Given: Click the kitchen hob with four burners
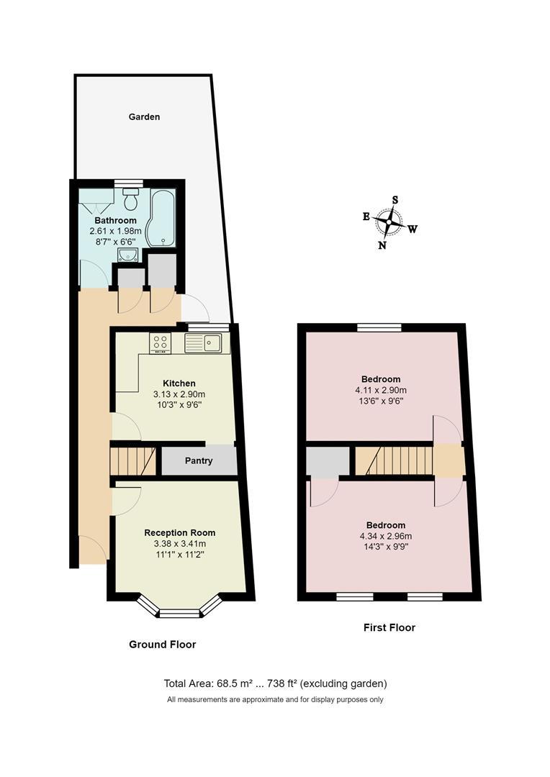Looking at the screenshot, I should (x=160, y=344).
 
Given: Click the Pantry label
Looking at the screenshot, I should (x=199, y=461).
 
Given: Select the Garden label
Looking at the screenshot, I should (x=144, y=117).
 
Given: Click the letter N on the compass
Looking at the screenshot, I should (x=382, y=245).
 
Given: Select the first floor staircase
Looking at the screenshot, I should (x=394, y=460).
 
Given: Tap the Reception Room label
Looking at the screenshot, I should (x=179, y=533).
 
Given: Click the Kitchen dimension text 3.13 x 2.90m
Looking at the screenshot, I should (x=179, y=394).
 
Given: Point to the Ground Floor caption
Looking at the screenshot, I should (x=162, y=645).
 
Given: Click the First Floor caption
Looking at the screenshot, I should (x=389, y=627).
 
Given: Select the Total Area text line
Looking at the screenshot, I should (x=276, y=683).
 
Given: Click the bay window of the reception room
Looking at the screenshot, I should (x=179, y=612).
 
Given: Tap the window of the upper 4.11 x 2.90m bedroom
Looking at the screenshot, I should (x=379, y=327).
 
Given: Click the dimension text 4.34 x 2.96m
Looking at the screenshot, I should (x=385, y=536).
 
